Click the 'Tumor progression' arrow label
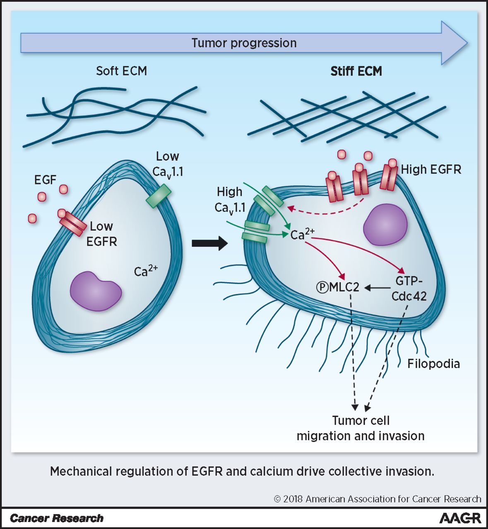[244, 43]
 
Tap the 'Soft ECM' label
[121, 71]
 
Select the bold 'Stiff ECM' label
[356, 71]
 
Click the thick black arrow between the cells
[209, 243]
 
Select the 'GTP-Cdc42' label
[409, 288]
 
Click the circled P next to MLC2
[322, 287]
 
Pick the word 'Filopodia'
[433, 364]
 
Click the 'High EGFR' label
[431, 169]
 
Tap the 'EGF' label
[45, 180]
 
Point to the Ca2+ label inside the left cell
[145, 271]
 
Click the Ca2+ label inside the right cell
[302, 234]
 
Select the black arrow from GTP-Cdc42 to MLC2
[377, 287]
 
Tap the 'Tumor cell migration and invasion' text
[361, 428]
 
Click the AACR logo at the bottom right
[460, 518]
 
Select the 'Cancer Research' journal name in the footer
[56, 518]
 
